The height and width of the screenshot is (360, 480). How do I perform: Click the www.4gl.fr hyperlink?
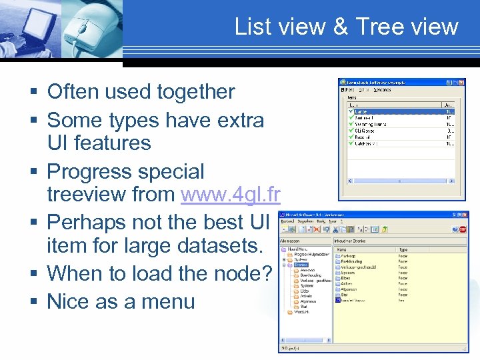(230, 194)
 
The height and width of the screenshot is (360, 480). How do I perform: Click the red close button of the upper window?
(461, 82)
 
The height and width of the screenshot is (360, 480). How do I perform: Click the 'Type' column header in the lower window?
(403, 249)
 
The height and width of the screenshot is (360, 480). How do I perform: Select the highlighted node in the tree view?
(301, 265)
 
